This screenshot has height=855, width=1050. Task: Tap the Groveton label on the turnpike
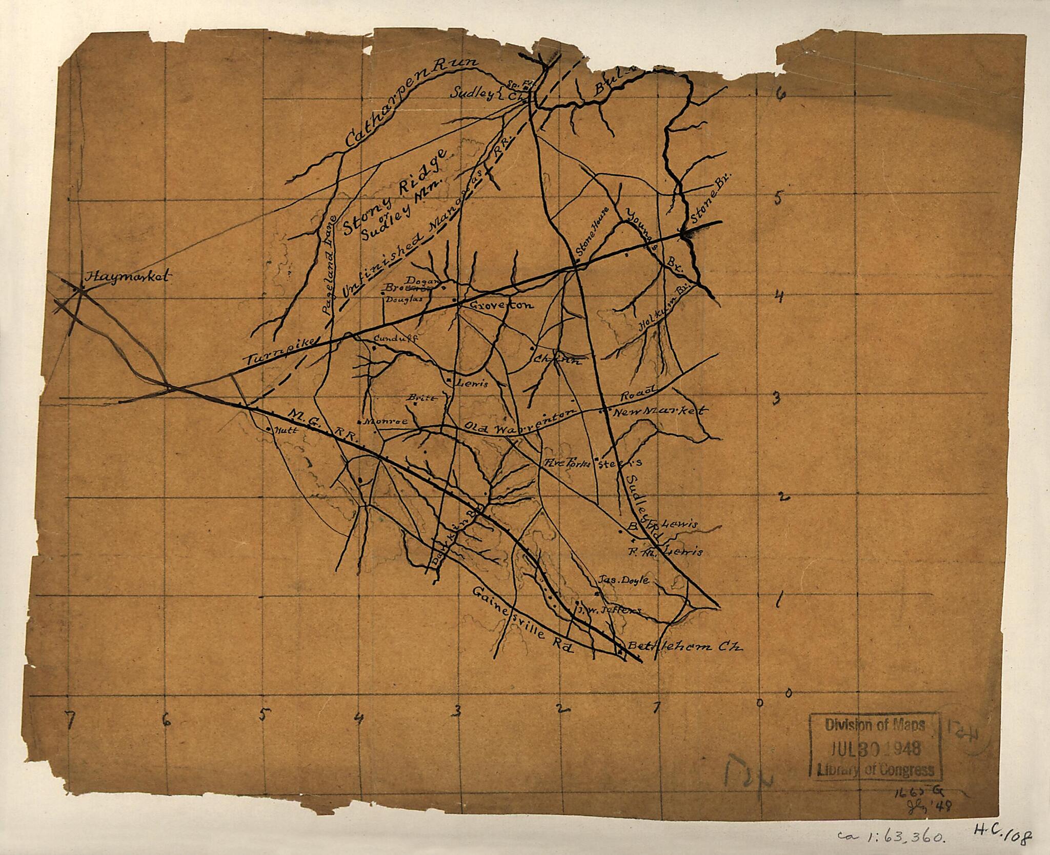coord(501,305)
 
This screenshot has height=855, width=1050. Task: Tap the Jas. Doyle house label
coord(623,580)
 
